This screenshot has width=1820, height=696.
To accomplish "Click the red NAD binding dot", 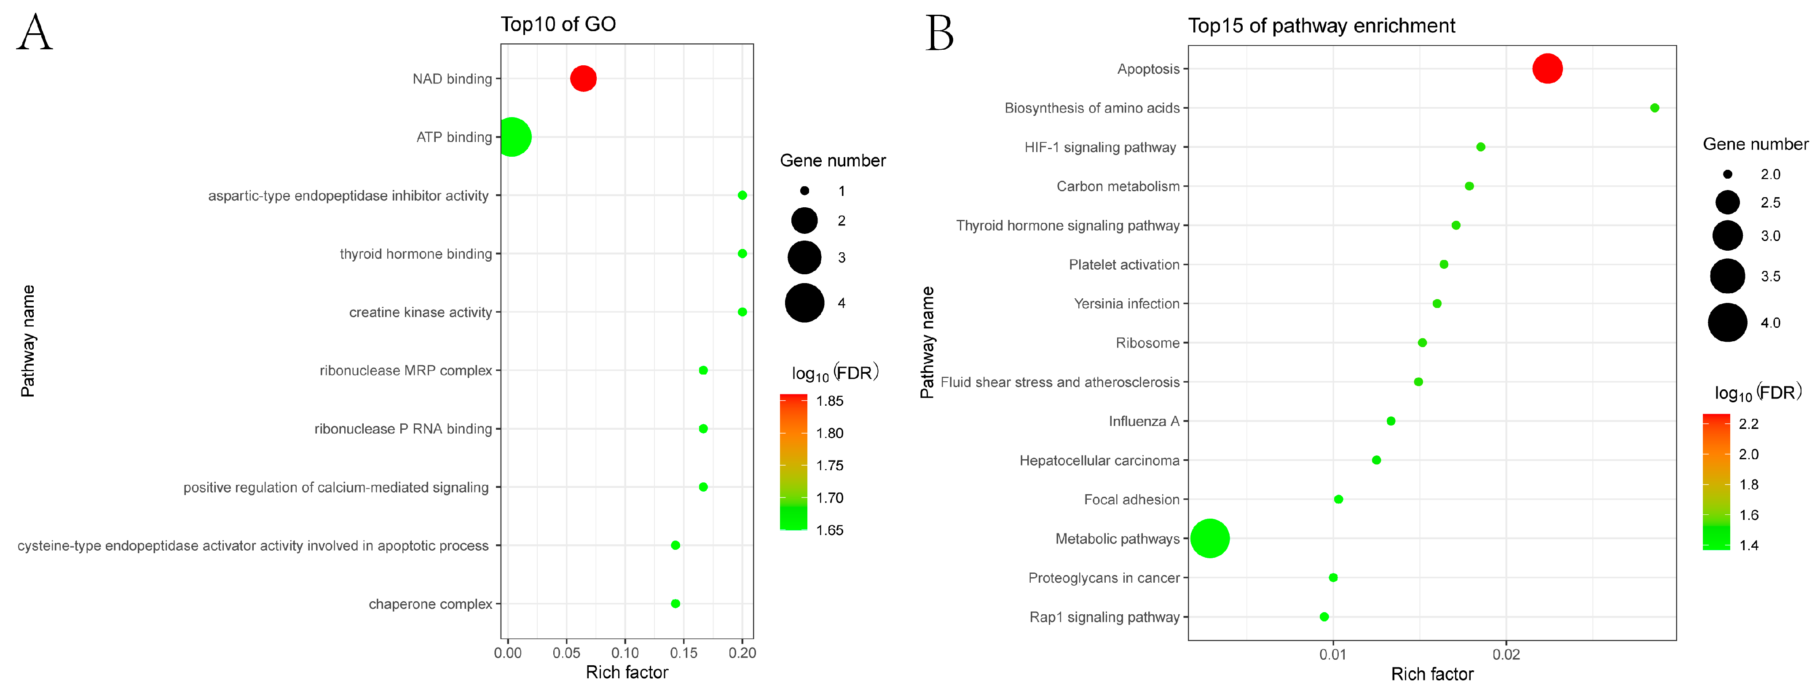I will click(583, 78).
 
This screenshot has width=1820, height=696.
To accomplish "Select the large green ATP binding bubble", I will click(512, 137).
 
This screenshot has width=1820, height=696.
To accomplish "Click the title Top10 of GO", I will click(558, 24).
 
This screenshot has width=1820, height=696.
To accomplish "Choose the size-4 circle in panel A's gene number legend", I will click(804, 303).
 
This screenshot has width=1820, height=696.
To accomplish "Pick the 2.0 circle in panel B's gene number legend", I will click(1727, 174).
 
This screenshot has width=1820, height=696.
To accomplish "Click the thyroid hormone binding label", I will click(415, 254).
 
